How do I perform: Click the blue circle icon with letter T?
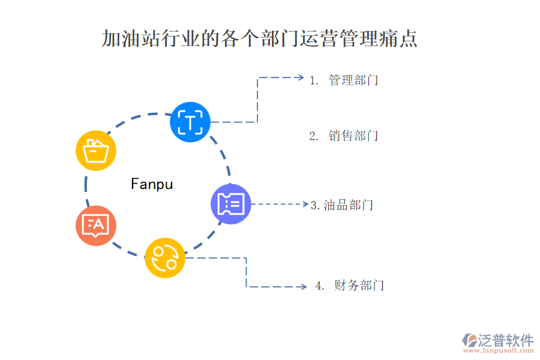[190, 122]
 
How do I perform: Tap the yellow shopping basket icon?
[96, 151]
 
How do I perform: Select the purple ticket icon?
[231, 204]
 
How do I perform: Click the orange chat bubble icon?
[96, 226]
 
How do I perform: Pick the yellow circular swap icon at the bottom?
[165, 257]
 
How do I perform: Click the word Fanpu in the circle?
[152, 184]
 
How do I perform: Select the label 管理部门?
[353, 80]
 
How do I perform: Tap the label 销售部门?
[353, 136]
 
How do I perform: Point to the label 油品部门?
[349, 205]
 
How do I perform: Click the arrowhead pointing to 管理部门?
[301, 77]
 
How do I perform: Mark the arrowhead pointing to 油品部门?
[304, 204]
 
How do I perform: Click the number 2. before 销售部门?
[314, 136]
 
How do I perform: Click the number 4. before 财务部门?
[320, 286]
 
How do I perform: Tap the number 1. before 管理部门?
[314, 80]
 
